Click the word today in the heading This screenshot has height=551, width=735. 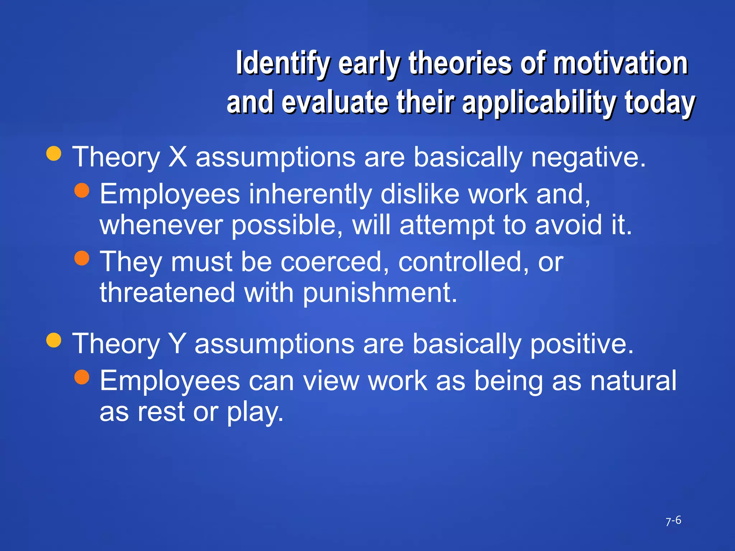[660, 103]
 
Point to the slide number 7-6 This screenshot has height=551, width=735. [673, 521]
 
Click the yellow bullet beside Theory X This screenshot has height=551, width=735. [54, 154]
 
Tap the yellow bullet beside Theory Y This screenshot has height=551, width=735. [54, 340]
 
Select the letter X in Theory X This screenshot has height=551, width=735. [178, 157]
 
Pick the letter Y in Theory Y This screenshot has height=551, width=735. [177, 343]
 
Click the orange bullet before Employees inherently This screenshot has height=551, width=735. [82, 190]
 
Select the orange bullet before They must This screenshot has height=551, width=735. [82, 258]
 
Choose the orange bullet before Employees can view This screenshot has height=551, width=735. [82, 377]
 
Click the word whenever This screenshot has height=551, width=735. [161, 225]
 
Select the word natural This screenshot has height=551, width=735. [633, 381]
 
